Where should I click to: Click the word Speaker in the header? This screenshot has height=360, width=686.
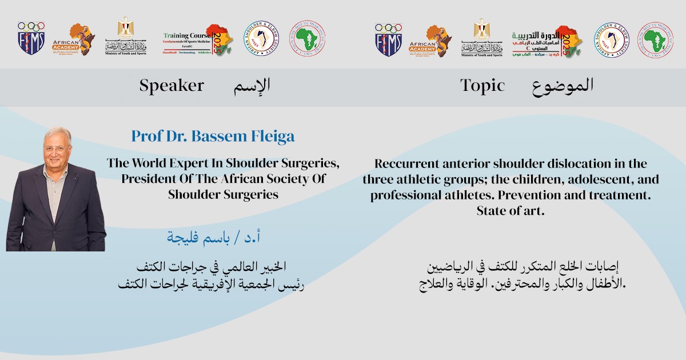tap(171, 86)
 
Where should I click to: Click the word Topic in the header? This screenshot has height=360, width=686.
tap(482, 86)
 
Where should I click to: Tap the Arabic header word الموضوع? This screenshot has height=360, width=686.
tap(563, 86)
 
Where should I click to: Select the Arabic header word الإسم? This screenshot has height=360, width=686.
tap(252, 86)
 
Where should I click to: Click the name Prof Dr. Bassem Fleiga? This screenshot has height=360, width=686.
tap(213, 137)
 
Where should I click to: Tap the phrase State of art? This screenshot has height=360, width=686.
tap(510, 211)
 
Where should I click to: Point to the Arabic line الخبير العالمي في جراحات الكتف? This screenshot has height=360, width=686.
tap(211, 267)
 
